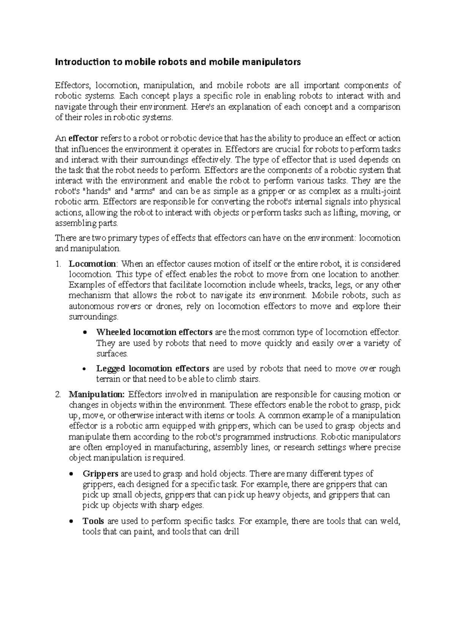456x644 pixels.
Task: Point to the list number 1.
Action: pos(58,264)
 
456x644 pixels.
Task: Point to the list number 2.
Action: pos(58,394)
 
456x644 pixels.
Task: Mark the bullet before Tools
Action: pos(72,522)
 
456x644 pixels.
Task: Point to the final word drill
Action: pos(232,532)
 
